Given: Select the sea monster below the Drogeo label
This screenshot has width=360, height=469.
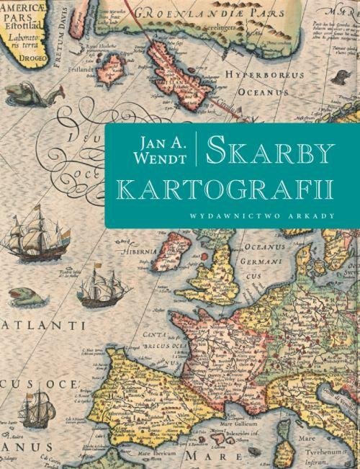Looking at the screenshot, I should click(x=29, y=92).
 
